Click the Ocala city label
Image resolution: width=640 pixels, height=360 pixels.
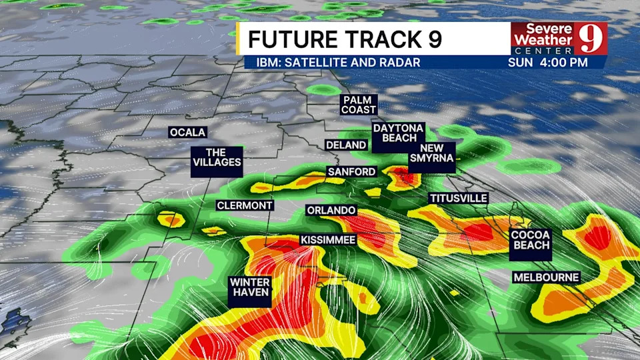coord(188,132)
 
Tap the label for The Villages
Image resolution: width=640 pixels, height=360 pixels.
coord(216,157)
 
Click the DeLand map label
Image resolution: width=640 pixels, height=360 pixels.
coord(346,145)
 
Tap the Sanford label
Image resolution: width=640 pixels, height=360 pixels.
coord(352,171)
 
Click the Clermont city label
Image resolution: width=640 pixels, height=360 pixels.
coord(245,205)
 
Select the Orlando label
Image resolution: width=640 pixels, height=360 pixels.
coord(331,211)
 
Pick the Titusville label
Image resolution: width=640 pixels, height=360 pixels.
coord(459,198)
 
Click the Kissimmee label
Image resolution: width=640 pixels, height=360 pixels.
coord(328,239)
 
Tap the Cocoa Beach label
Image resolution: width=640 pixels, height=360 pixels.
coord(531,240)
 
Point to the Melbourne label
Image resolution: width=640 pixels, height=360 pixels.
coord(546,277)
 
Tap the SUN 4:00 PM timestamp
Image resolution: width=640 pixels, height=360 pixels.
coord(547,63)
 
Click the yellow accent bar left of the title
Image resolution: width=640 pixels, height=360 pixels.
coord(239,39)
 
